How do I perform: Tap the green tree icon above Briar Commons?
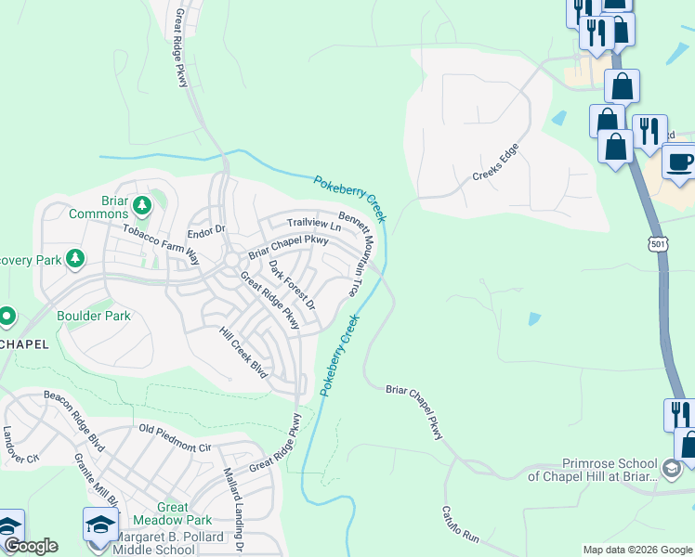point(142,203)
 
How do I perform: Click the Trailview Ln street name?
point(314,223)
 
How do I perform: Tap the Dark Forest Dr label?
point(293,285)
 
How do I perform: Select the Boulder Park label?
point(94,316)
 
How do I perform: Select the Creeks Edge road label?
point(494,162)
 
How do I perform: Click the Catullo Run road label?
point(460,523)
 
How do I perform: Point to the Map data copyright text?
point(636,550)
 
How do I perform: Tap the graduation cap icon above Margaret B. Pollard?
point(100,525)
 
